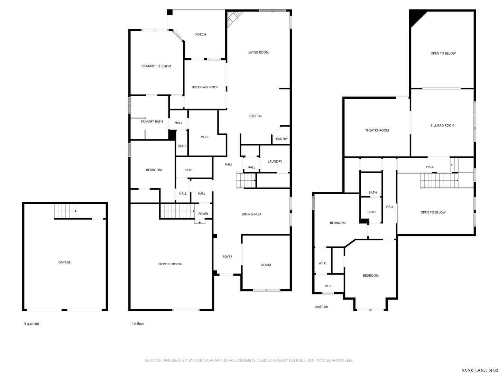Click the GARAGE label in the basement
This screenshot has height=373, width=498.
64,262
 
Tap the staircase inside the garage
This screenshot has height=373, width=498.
66,211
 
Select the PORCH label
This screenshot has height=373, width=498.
201,35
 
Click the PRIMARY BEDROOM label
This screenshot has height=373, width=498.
156,66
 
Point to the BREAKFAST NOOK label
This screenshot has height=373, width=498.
205,87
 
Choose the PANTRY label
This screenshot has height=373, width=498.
282,139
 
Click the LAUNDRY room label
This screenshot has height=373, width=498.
275,161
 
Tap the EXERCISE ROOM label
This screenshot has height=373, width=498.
169,264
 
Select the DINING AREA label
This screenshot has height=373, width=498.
251,214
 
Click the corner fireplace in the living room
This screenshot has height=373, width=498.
233,18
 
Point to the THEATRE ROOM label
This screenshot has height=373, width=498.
377,130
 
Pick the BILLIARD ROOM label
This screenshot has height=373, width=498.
442,125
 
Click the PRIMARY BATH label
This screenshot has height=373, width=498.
151,121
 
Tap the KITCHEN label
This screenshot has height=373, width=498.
255,116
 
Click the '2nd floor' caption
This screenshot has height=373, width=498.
322,307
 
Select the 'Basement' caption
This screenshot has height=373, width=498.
31,323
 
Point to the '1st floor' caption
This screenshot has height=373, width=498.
138,323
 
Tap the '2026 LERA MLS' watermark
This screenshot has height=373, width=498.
479,370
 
